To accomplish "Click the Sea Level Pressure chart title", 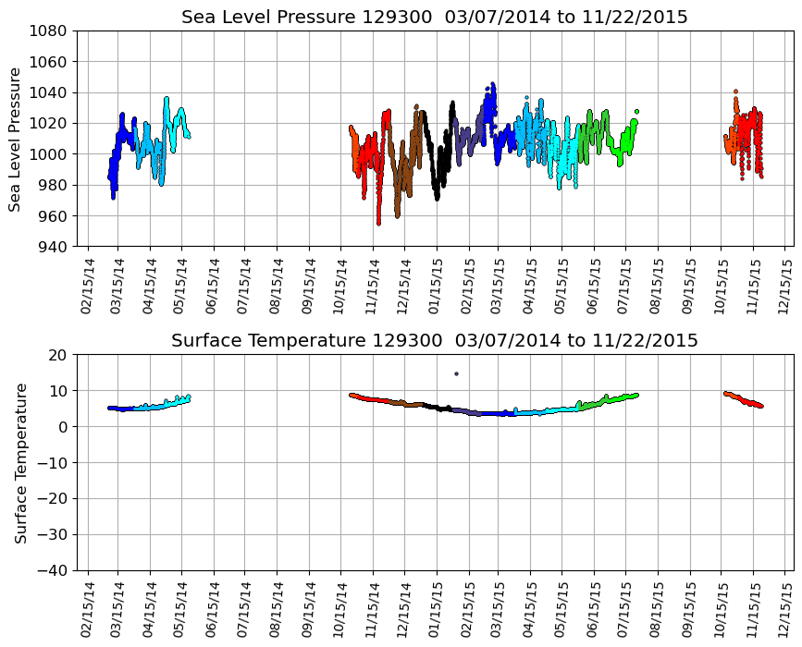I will click(434, 18).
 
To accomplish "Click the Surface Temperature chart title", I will click(434, 341).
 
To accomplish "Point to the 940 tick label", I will click(53, 247).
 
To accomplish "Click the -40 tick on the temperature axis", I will click(53, 570).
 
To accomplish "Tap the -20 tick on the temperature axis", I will click(53, 498).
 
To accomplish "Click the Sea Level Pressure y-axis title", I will click(16, 139).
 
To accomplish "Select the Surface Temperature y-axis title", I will click(20, 462).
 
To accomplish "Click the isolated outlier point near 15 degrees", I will click(456, 373).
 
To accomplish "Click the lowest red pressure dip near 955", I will click(378, 223).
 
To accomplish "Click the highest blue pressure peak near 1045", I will click(492, 84).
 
